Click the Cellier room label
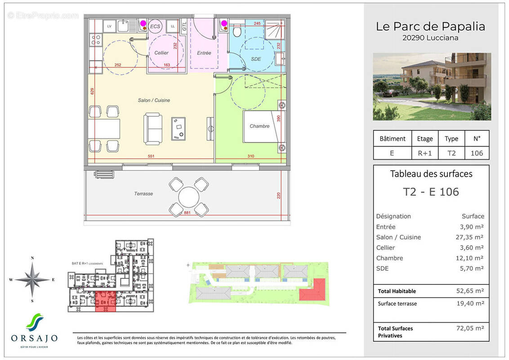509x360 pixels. click(161, 53)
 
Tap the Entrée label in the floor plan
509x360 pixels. click(204, 53)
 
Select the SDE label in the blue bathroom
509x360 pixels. click(256, 59)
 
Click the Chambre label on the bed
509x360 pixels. click(259, 126)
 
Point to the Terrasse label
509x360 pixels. click(143, 193)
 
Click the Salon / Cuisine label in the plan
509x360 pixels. click(154, 100)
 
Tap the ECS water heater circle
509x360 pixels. click(155, 27)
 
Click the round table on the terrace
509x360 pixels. click(189, 197)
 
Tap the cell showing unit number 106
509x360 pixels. click(476, 153)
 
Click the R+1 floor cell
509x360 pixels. click(424, 153)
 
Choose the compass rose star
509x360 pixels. click(32, 279)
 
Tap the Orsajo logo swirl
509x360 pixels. click(34, 322)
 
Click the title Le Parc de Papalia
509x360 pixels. click(430, 27)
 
